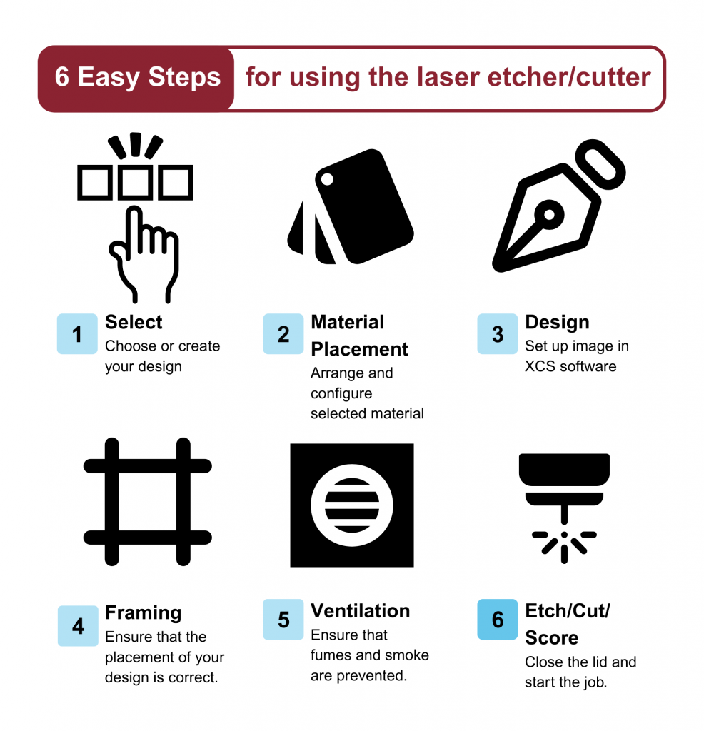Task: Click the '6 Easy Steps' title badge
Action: pos(136,79)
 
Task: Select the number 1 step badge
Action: pos(77,334)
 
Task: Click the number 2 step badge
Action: pos(283,334)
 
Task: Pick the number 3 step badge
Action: pos(498,334)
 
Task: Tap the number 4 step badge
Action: pos(78,625)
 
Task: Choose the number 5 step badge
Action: pos(283,619)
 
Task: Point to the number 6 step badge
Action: pos(498,619)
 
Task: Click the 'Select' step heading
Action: pos(134,322)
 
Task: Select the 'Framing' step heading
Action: pos(143,613)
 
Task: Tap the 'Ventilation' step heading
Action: pos(361,611)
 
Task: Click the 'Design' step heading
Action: pos(557,323)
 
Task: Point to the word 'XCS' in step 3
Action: pos(540,366)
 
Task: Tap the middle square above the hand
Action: pos(135,182)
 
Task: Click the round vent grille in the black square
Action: pos(352,505)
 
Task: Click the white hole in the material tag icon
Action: pos(327,179)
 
